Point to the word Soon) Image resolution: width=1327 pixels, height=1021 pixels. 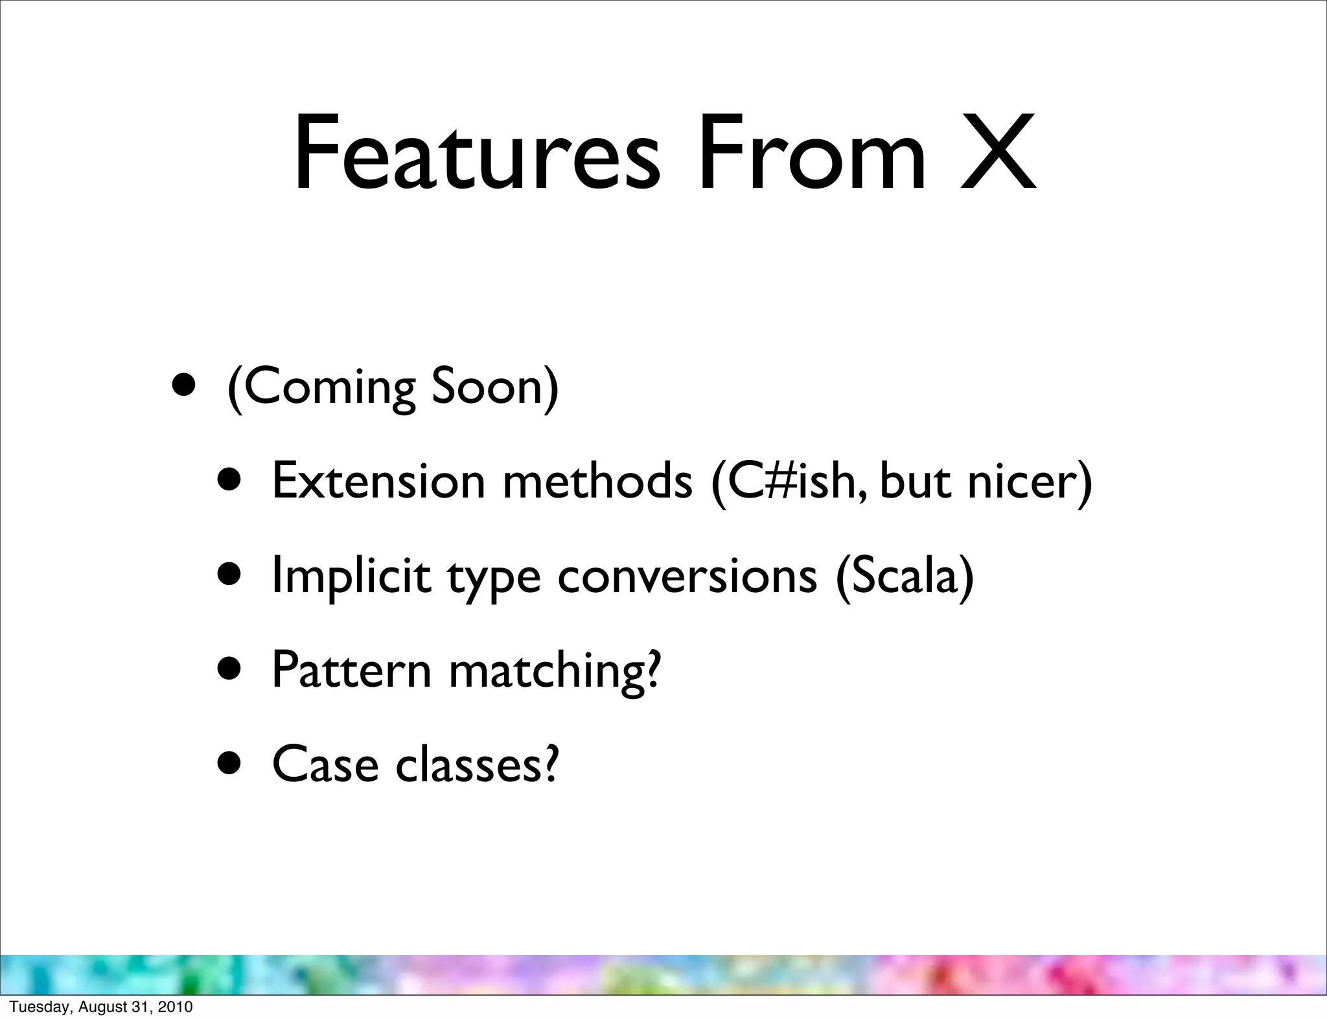[x=494, y=387]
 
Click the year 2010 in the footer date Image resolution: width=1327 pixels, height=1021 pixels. [x=176, y=1007]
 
